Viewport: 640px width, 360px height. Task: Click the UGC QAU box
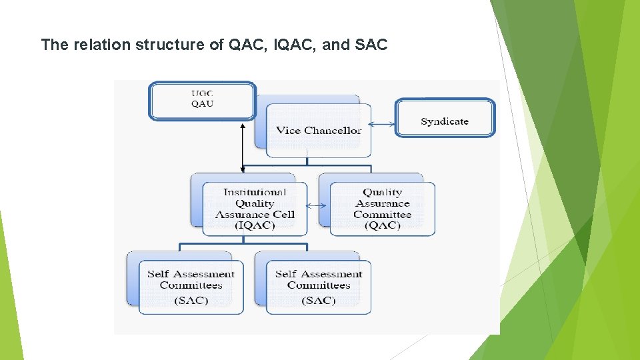point(202,100)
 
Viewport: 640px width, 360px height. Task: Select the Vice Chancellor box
point(319,130)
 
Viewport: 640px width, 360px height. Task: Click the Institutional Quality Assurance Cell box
point(255,209)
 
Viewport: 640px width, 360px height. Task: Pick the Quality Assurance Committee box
point(382,209)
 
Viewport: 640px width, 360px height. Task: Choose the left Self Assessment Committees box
point(191,287)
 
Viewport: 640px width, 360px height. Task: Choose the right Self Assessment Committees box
point(319,287)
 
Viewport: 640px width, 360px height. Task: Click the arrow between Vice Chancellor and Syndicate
point(383,123)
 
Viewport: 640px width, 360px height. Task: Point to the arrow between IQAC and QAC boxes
point(319,205)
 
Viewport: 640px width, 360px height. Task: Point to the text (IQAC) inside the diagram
point(255,225)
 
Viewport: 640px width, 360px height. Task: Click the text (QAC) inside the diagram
point(382,225)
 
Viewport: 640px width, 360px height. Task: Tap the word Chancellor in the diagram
point(333,130)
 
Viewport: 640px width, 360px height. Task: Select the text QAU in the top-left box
point(202,103)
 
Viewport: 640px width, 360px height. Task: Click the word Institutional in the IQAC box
point(255,193)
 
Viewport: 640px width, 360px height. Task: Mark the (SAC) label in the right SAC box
point(319,301)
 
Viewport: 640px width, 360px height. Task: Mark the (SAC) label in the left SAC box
point(191,301)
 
